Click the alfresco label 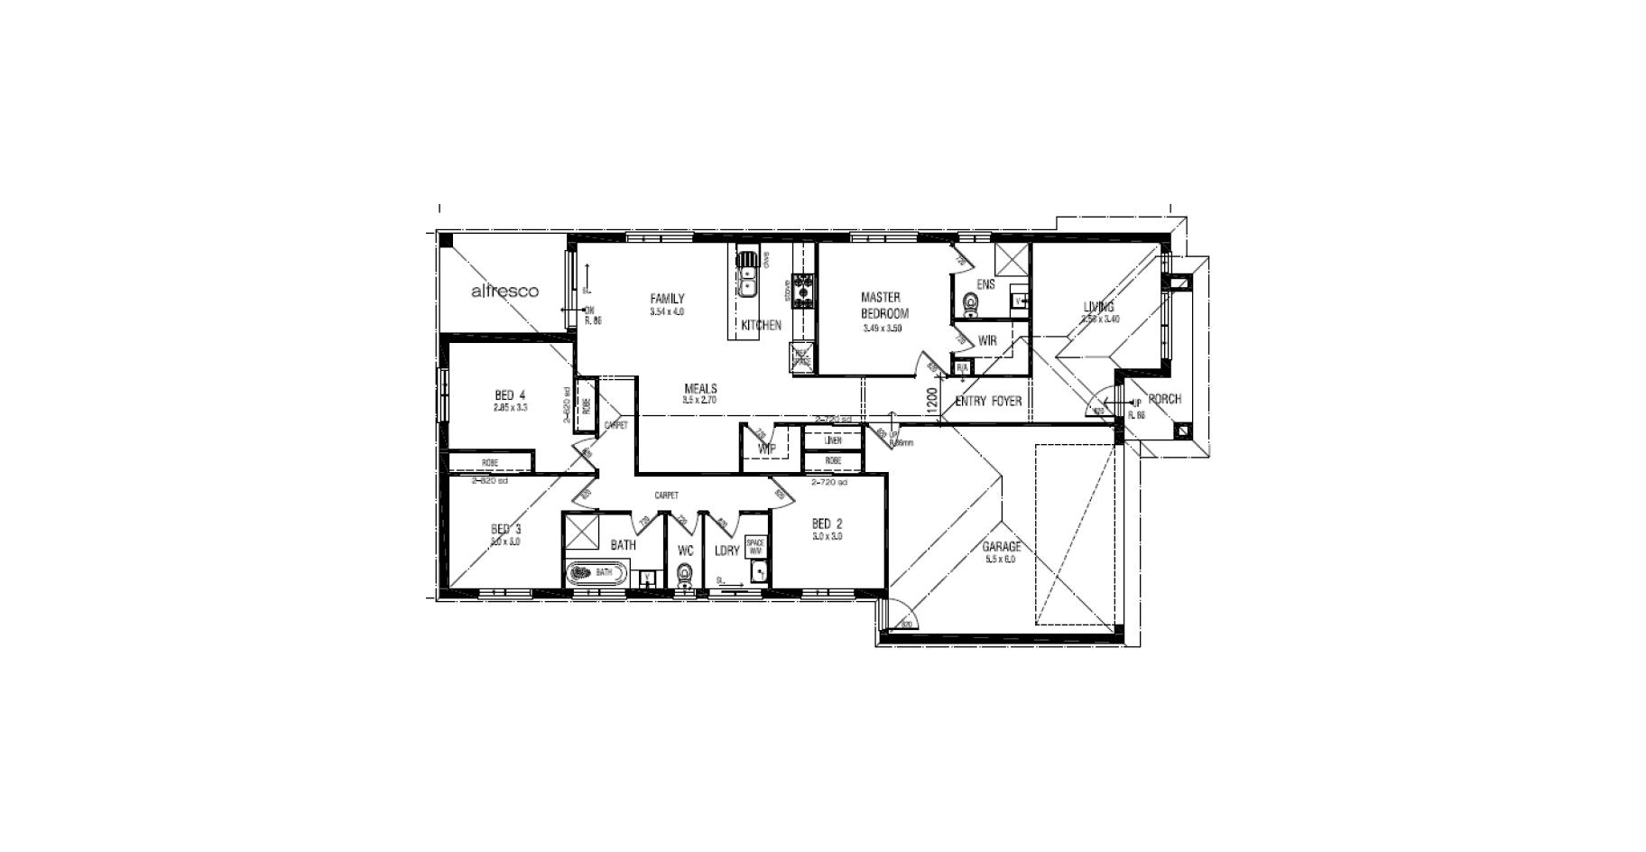point(504,292)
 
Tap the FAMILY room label point(667,299)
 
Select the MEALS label point(700,389)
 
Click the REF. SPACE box point(801,357)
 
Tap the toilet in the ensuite point(971,305)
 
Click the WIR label point(987,341)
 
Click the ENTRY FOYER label point(988,401)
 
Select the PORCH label point(1164,399)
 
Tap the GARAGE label point(1002,547)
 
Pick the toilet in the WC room point(686,575)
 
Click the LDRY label point(726,551)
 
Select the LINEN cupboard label point(833,440)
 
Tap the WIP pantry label point(767,449)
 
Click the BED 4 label point(510,395)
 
